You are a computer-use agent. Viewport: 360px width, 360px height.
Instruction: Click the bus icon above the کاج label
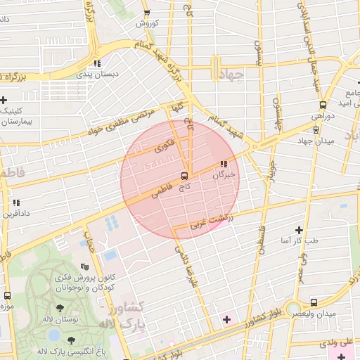tap(185, 176)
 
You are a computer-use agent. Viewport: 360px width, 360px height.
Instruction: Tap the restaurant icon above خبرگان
tap(224, 165)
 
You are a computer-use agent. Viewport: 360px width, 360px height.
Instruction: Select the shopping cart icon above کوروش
tap(146, 13)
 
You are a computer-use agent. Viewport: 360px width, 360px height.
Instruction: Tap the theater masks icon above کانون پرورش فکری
tap(84, 267)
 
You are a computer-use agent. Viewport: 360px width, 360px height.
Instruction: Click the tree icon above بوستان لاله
tap(58, 308)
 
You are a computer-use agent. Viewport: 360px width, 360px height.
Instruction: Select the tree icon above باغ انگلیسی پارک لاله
tap(70, 340)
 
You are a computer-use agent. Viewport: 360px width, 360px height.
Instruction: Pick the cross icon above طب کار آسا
tap(300, 230)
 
